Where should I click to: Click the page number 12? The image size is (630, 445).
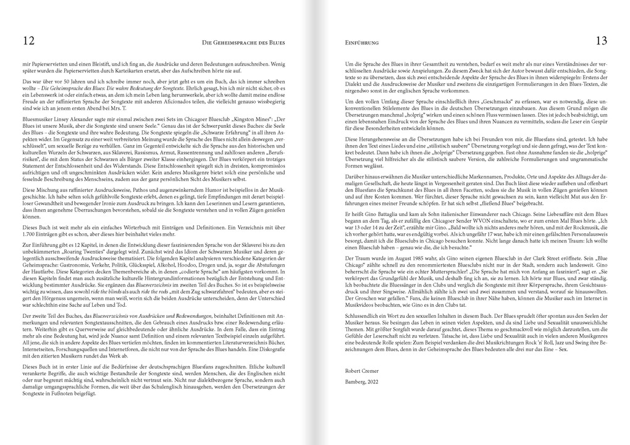coord(28,41)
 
